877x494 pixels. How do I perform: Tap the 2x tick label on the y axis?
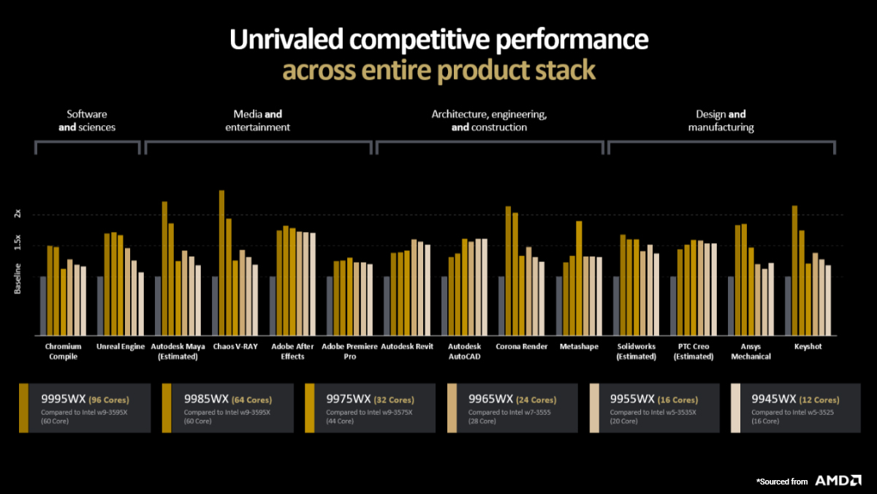[x=18, y=214]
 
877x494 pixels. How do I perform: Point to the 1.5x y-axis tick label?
[x=18, y=244]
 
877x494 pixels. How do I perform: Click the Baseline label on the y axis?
[x=18, y=278]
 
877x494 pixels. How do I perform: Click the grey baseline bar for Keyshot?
[x=788, y=305]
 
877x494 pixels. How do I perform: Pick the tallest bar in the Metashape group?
[x=580, y=277]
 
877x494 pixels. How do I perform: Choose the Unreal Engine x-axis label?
[x=121, y=346]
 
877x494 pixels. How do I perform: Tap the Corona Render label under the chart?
[x=522, y=346]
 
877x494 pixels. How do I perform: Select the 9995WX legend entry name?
[x=63, y=400]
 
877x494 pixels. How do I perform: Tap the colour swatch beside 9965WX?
[x=452, y=408]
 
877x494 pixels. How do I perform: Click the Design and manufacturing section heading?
[x=721, y=121]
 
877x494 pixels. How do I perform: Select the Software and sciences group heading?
[x=87, y=121]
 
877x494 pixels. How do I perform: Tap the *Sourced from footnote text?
[x=782, y=481]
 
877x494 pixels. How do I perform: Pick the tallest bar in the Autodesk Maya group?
[x=164, y=268]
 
